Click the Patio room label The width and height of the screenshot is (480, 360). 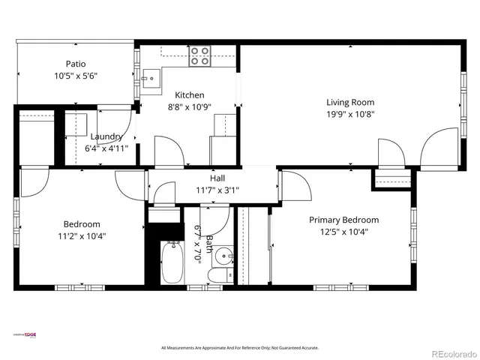coord(76,64)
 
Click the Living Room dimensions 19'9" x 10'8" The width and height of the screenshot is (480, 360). coord(349,114)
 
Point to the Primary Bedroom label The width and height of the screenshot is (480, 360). coord(344,220)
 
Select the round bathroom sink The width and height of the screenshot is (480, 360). coord(223,257)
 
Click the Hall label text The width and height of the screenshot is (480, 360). coord(217,178)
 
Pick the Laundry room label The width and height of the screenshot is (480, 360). coord(106,136)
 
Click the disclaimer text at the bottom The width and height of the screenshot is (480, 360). coord(240,348)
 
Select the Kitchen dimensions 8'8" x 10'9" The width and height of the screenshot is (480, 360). coord(189,106)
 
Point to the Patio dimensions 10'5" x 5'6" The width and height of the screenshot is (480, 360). coord(76,76)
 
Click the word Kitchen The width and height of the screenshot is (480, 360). coord(189,94)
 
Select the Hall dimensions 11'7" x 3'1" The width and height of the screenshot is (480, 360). coord(217,190)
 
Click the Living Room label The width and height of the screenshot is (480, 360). coord(349,102)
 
